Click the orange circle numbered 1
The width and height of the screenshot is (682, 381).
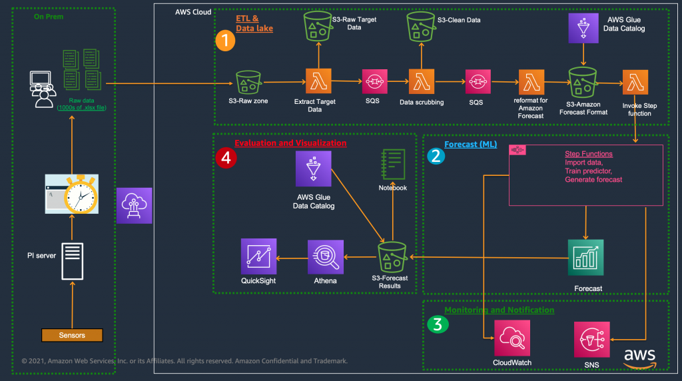225,41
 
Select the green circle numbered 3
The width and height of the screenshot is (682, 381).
437,324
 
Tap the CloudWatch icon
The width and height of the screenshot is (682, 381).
512,338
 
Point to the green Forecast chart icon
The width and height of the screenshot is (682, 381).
585,257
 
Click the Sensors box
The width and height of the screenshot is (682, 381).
72,335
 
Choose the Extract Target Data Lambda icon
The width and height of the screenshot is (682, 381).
318,83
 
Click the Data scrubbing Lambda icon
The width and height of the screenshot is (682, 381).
422,83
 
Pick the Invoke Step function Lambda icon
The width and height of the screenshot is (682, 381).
635,83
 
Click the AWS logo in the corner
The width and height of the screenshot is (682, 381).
639,357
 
